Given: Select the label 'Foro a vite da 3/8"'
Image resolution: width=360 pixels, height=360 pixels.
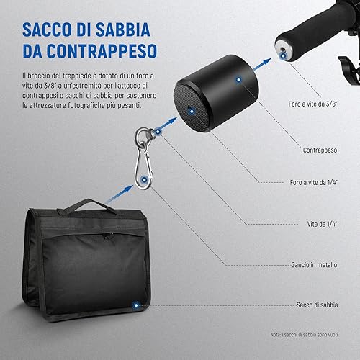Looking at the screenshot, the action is click(313, 104).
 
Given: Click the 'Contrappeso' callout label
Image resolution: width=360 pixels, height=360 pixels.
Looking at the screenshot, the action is click(320, 150).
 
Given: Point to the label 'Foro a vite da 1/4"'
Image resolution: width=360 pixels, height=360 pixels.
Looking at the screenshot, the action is click(314, 182).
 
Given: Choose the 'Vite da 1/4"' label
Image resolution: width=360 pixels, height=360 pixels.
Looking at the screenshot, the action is click(322, 224).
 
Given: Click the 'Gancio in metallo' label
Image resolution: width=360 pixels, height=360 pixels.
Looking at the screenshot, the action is click(314, 265).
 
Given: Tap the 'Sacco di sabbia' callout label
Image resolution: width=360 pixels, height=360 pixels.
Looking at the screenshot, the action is click(317, 305).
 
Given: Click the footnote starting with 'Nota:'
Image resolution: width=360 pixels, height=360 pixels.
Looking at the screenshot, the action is click(304, 334).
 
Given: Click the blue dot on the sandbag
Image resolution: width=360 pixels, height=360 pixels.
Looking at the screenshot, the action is click(136, 305).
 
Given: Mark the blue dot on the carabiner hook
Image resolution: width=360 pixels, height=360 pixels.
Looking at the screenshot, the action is click(144, 179).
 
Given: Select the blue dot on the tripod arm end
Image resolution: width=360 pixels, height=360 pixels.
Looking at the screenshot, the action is click(284, 55).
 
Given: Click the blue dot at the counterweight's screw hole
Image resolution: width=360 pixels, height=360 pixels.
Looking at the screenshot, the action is click(192, 112).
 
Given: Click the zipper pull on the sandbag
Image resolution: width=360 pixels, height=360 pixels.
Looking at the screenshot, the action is click(106, 237).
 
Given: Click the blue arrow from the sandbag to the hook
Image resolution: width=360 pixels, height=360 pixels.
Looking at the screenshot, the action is click(120, 194).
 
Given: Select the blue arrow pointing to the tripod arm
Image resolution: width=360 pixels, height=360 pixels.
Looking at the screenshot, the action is click(262, 64).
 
